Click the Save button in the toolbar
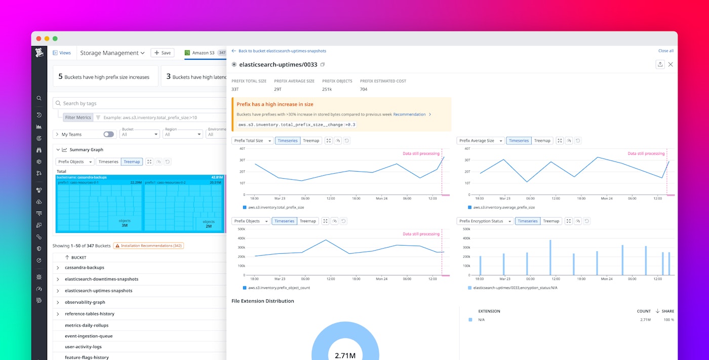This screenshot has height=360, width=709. pos(163,53)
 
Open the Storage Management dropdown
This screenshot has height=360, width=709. pos(112,53)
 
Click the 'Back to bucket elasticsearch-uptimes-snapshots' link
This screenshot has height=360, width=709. pos(282,51)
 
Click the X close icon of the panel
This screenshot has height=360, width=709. pos(671,64)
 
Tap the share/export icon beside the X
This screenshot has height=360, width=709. pos(659,64)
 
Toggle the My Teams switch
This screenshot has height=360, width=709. pos(108,134)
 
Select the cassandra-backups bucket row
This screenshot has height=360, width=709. pos(85,267)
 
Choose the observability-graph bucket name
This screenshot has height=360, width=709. pos(85,302)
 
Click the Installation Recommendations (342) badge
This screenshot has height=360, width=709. pos(148,246)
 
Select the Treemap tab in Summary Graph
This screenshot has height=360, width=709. pos(132,162)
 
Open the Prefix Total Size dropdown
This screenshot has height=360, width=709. pos(252,141)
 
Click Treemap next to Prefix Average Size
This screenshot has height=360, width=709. pos(542,141)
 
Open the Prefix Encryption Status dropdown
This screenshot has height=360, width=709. pos(485,221)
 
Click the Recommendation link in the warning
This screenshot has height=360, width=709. pos(409,114)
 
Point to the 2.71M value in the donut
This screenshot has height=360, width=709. pos(345,355)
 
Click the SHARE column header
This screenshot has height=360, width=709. pos(667,311)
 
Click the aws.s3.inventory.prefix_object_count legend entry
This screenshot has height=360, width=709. pos(279,288)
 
